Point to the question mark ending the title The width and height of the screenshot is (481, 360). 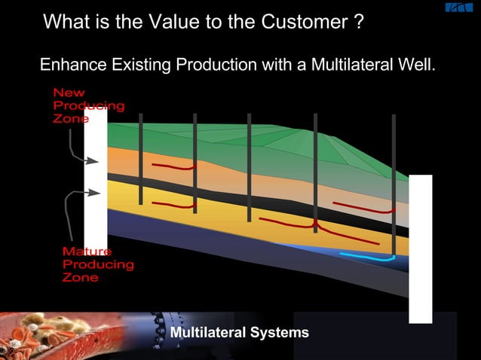coord(359,22)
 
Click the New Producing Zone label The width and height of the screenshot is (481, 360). coord(87,105)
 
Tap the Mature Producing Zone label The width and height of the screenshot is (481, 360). coord(97,264)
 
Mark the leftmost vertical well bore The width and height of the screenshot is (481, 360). coord(141,159)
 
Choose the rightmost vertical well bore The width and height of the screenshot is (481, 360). coord(394,185)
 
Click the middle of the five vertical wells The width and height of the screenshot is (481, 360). coord(249,167)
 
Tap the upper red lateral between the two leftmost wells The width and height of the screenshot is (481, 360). coord(173,166)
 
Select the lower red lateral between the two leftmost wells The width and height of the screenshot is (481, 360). coord(173,204)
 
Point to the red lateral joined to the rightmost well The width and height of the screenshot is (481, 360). coord(362,208)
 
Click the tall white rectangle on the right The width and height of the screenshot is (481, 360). coord(420,249)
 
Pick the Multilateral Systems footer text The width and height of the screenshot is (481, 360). coord(239,332)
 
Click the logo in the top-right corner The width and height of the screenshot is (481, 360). coord(458,8)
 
